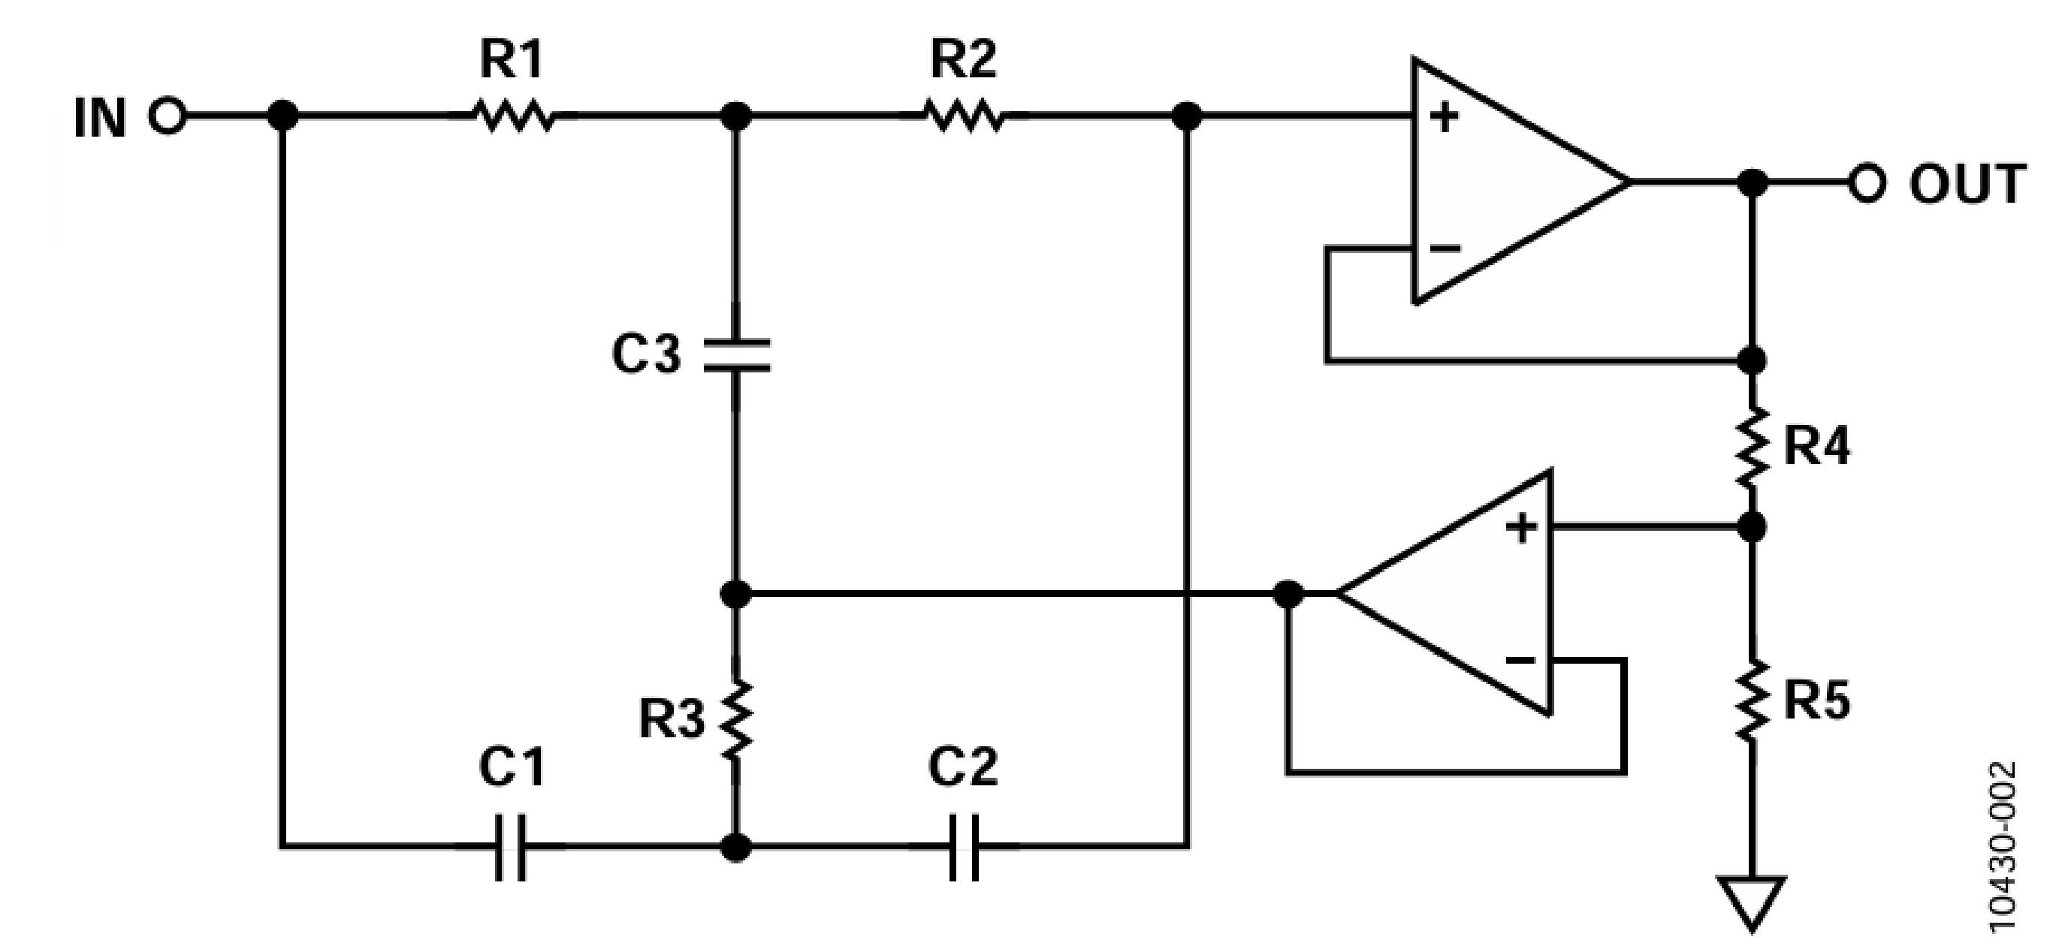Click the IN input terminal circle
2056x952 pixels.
point(167,117)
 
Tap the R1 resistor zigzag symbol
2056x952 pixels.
point(514,116)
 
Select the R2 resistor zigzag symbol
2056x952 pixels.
point(963,116)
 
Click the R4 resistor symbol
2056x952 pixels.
point(1752,447)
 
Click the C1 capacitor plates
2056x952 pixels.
point(511,847)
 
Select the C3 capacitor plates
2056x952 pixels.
point(737,356)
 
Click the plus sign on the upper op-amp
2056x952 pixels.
point(1444,118)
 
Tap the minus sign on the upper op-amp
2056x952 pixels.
point(1445,249)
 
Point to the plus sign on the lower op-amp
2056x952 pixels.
point(1521,528)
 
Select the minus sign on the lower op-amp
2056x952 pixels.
point(1520,660)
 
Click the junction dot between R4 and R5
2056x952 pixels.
point(1752,526)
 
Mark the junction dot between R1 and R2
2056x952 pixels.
point(736,116)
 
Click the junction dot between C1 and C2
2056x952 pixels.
point(736,847)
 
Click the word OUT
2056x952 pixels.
point(1967,185)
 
